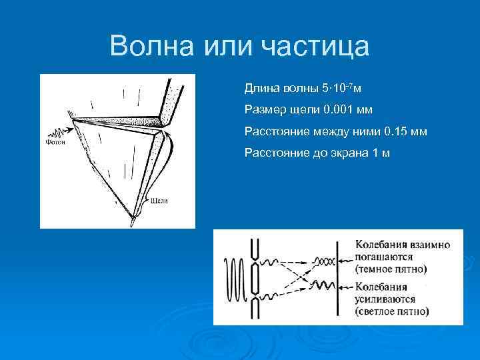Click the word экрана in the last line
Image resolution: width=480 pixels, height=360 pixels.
[x=343, y=153]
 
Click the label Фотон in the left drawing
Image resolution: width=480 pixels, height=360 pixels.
[x=55, y=141]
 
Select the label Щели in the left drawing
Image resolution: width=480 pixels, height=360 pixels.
[x=159, y=199]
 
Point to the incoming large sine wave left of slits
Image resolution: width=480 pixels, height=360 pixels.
[x=233, y=277]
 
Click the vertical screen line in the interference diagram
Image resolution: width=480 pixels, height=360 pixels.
[x=339, y=276]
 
